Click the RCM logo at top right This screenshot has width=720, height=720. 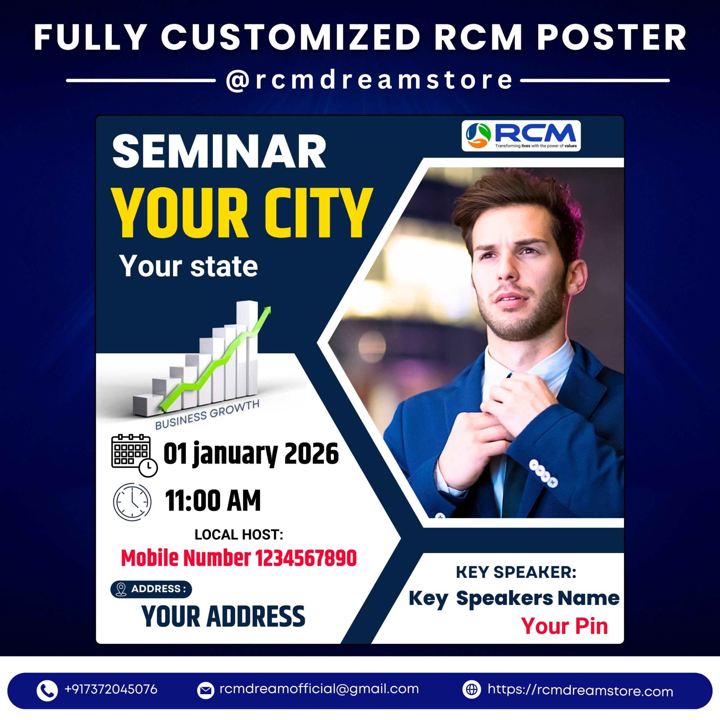521,136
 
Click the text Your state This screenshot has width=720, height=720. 188,266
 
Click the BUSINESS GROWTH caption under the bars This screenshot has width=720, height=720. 207,414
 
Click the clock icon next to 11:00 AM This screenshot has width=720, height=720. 132,502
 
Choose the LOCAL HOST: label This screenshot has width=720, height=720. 239,534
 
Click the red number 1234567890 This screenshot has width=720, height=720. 306,558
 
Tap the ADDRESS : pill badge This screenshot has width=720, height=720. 151,589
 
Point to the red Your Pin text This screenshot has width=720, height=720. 564,626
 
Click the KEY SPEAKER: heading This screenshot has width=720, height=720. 516,572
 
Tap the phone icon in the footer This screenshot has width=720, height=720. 47,690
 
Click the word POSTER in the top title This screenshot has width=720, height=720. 611,37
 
